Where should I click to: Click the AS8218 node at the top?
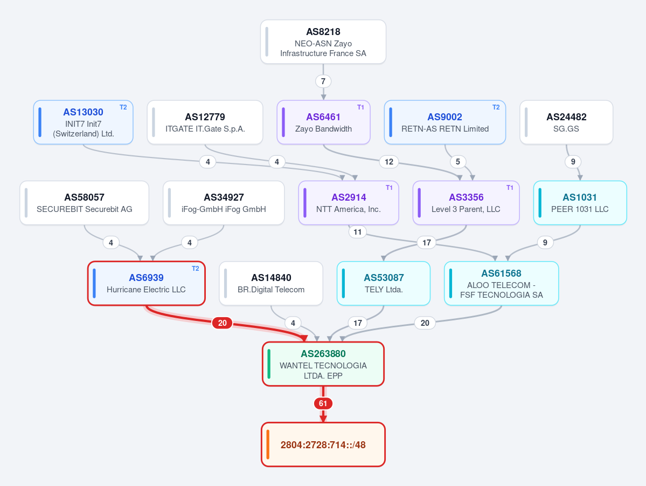pyautogui.click(x=323, y=42)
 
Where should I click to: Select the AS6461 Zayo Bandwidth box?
pyautogui.click(x=323, y=122)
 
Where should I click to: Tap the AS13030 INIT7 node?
pyautogui.click(x=83, y=122)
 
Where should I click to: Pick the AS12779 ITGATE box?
pyautogui.click(x=205, y=122)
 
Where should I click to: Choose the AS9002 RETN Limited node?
pyautogui.click(x=445, y=122)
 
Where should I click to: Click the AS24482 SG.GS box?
pyautogui.click(x=566, y=122)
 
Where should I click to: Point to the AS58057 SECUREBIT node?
pyautogui.click(x=84, y=203)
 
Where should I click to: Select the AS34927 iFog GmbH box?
pyautogui.click(x=224, y=203)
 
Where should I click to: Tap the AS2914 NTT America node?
pyautogui.click(x=349, y=203)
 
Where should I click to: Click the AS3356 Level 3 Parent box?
pyautogui.click(x=466, y=203)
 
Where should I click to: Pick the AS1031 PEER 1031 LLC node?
pyautogui.click(x=580, y=203)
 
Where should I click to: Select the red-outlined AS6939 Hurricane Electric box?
pyautogui.click(x=146, y=283)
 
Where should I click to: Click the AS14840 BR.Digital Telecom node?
pyautogui.click(x=271, y=283)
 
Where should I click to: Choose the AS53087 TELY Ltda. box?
pyautogui.click(x=384, y=283)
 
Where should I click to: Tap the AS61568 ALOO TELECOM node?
pyautogui.click(x=502, y=283)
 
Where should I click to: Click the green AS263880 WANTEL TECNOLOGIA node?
pyautogui.click(x=323, y=364)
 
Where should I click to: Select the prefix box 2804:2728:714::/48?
pyautogui.click(x=323, y=444)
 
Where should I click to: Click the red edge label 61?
pyautogui.click(x=323, y=403)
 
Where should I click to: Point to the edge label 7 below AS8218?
pyautogui.click(x=323, y=81)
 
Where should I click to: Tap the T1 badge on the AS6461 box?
pyautogui.click(x=360, y=107)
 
